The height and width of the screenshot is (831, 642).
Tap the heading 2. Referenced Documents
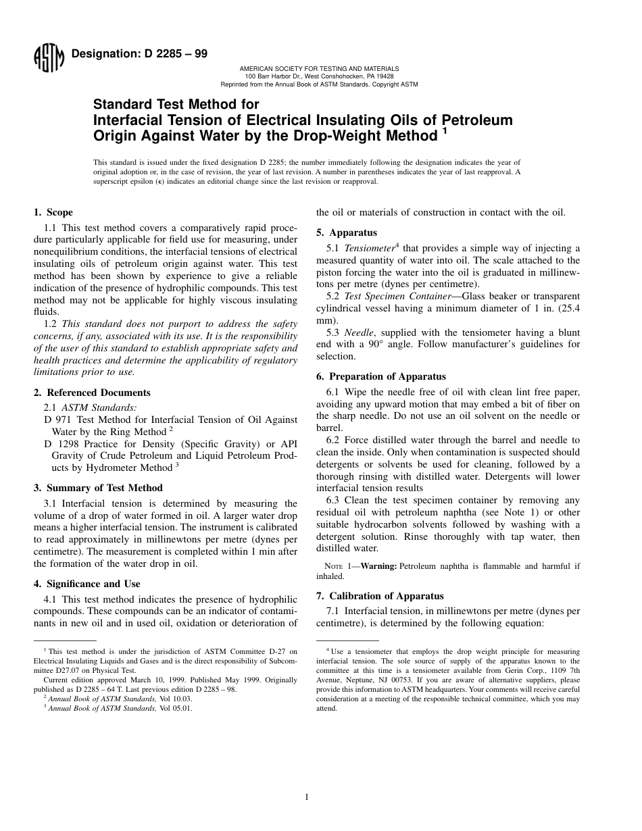pos(92,393)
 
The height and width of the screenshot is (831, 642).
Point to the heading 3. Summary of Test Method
pos(98,488)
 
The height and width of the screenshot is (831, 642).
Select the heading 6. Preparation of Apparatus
pos(381,376)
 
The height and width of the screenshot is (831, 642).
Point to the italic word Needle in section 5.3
pos(357,333)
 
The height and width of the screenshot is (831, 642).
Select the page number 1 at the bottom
pos(306,797)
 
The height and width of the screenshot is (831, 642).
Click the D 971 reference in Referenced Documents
pos(57,420)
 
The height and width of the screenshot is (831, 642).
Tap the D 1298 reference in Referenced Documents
pos(59,444)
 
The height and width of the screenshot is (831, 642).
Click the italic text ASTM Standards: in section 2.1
pos(99,407)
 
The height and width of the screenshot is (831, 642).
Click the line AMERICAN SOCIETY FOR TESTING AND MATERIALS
pos(319,69)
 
